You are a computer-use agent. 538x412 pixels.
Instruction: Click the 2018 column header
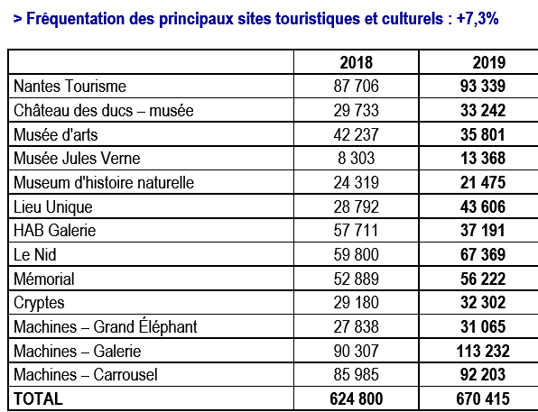click(357, 63)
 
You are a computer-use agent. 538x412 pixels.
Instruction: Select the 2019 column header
click(489, 63)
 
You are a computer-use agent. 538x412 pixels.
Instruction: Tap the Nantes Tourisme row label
click(70, 86)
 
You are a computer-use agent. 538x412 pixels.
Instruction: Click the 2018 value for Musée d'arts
click(357, 134)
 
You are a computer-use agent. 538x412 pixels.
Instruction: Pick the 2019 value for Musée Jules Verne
click(483, 159)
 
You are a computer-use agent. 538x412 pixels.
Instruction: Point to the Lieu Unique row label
click(53, 207)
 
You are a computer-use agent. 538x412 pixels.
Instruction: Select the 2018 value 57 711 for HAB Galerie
click(357, 230)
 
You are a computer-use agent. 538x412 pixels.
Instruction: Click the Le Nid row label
click(35, 254)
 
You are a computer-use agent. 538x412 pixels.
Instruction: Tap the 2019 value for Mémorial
click(483, 279)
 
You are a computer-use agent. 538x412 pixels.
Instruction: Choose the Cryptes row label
click(39, 303)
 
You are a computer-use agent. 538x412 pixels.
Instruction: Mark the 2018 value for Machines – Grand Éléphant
click(357, 326)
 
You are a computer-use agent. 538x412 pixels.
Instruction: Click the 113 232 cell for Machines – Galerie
click(483, 351)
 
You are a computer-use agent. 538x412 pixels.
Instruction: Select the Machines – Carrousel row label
click(86, 375)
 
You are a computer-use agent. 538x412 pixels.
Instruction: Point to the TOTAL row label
click(38, 399)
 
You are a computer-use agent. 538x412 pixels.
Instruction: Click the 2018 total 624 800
click(357, 399)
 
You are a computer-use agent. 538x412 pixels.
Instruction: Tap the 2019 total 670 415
click(483, 399)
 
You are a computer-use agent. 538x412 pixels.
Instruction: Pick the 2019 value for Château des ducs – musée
click(483, 110)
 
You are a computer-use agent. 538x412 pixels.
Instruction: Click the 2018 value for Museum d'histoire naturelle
click(357, 183)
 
